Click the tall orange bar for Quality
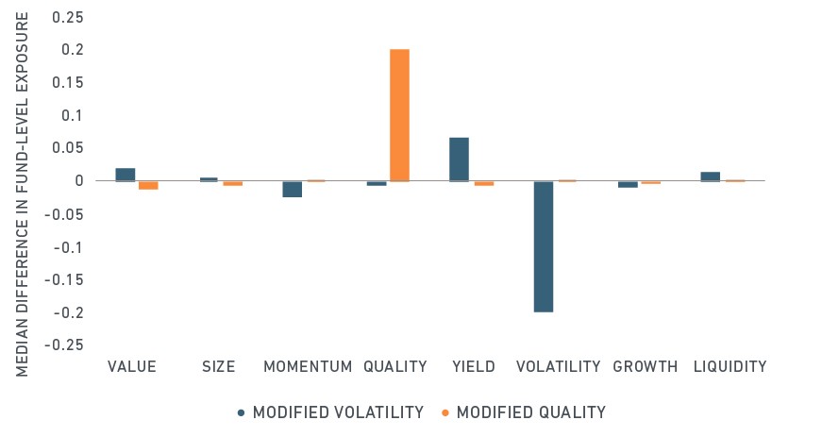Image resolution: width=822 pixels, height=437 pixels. [x=399, y=115]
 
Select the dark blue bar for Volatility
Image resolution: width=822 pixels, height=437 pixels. [x=544, y=246]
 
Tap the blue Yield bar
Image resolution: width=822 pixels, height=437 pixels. [x=460, y=160]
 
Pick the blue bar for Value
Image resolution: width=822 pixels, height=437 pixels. [x=126, y=175]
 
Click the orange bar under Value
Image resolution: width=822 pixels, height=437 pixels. [x=148, y=185]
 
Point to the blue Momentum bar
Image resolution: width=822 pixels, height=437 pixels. [x=292, y=189]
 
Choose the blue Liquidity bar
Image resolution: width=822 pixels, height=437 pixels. [x=711, y=176]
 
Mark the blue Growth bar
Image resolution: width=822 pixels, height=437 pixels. [x=628, y=184]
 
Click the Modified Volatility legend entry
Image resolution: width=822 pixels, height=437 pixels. [x=331, y=412]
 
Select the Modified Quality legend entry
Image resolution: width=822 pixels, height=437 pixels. [x=523, y=412]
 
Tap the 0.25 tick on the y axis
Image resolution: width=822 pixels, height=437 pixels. [x=68, y=17]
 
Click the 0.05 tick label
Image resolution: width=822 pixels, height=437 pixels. [x=68, y=148]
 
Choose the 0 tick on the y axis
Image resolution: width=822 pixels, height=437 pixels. [x=79, y=181]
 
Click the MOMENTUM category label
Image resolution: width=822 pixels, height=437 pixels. [x=308, y=366]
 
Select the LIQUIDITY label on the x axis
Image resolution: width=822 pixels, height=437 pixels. [x=730, y=366]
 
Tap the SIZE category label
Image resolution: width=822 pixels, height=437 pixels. [x=219, y=366]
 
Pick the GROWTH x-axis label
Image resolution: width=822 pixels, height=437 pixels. [x=646, y=366]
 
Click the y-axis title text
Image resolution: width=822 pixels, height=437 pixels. [x=22, y=194]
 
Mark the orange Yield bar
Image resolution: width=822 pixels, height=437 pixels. [x=484, y=183]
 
